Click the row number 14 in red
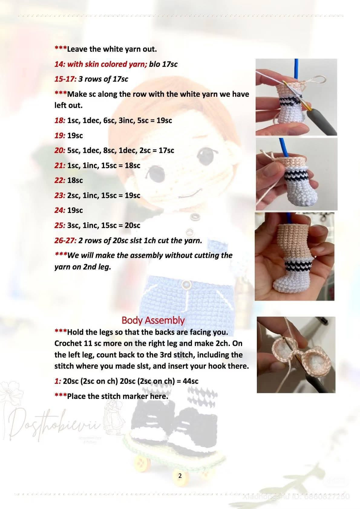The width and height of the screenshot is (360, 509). (59, 64)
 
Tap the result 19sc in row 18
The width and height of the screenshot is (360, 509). (164, 120)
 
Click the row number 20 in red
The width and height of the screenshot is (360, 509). (59, 150)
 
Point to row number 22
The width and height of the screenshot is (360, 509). (59, 180)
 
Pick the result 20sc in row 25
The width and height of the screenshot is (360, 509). (133, 225)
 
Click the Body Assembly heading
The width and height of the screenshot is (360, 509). (153, 320)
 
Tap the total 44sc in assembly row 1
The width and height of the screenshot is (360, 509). (191, 381)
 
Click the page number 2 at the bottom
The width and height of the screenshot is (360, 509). (180, 476)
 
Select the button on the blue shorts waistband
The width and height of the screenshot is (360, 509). (187, 284)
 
